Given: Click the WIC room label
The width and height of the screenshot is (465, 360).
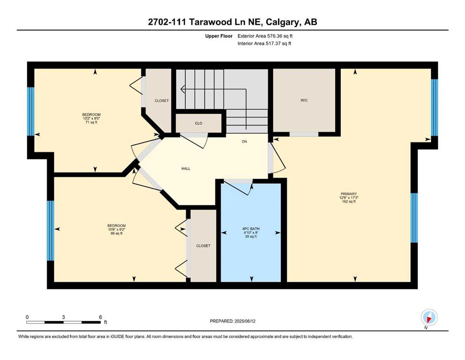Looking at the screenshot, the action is [x=304, y=100].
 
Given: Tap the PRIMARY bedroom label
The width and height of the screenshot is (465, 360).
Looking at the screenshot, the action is [x=348, y=194].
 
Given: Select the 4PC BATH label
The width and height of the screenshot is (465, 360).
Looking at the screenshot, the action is [x=251, y=229].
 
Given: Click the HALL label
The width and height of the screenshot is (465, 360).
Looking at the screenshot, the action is [x=186, y=169].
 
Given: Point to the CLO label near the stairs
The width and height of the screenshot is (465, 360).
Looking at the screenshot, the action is [x=199, y=123].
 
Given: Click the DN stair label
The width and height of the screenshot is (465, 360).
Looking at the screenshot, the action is [x=244, y=142].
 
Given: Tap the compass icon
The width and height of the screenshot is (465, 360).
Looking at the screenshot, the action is [x=429, y=317].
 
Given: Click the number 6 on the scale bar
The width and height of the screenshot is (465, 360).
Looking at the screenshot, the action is [x=101, y=317].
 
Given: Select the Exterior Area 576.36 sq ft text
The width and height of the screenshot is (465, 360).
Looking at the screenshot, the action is [x=265, y=36].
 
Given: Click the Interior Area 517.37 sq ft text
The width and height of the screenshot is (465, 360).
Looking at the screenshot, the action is [x=264, y=43].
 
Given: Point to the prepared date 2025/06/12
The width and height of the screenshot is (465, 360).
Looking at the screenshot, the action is [x=245, y=321].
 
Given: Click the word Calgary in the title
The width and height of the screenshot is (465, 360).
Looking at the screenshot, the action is [x=283, y=22].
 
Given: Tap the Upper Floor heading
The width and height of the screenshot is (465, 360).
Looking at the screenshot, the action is [x=219, y=36].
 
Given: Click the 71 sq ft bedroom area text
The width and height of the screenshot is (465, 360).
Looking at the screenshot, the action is [x=91, y=122].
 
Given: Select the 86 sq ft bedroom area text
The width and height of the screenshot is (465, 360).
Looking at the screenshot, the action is [x=117, y=233].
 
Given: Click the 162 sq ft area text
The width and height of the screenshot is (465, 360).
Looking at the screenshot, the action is [x=349, y=202].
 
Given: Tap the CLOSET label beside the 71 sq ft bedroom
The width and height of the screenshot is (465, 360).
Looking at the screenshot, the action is [x=162, y=101].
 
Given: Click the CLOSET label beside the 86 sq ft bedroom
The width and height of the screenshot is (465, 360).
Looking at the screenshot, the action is [x=203, y=246].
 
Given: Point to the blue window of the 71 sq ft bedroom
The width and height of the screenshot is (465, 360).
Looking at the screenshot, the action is [x=31, y=111].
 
